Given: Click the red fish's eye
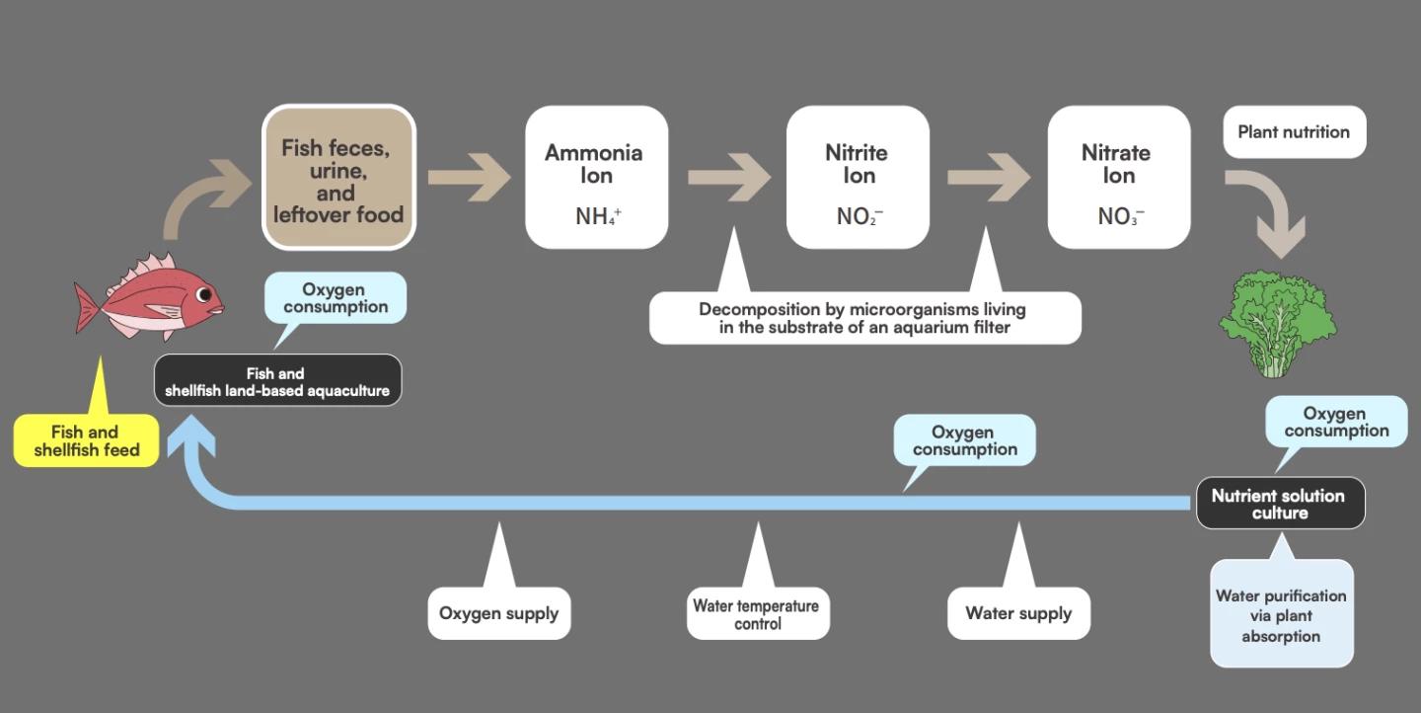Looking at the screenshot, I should click(x=204, y=294).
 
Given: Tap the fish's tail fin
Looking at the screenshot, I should click(x=87, y=307).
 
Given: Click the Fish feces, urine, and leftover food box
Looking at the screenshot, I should click(x=338, y=178).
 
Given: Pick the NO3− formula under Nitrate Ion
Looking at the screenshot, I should click(x=1120, y=215).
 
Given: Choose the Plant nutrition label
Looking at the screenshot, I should click(x=1294, y=132).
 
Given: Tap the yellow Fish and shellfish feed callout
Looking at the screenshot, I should click(x=87, y=440).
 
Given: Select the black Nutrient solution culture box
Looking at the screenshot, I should click(x=1279, y=504).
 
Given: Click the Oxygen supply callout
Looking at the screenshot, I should click(x=498, y=613).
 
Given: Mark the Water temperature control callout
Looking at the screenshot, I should click(x=756, y=614).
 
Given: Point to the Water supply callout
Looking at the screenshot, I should click(x=1018, y=613).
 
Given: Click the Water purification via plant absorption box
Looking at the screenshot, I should click(x=1281, y=615).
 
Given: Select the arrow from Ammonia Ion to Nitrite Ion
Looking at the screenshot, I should click(x=728, y=178).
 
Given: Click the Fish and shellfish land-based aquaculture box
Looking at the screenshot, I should click(x=277, y=381).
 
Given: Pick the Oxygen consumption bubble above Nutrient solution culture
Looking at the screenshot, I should click(x=1336, y=422).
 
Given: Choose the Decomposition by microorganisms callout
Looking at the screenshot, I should click(x=863, y=318).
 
